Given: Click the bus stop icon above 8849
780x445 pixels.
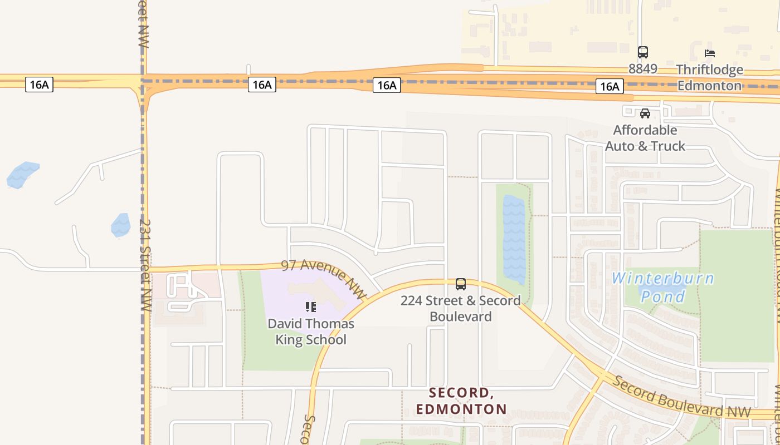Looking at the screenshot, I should click(643, 52).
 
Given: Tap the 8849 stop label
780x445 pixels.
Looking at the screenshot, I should click(643, 69).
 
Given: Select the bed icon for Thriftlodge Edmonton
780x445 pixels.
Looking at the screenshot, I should click(709, 53).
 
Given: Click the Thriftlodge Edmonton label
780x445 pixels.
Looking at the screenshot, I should click(709, 77).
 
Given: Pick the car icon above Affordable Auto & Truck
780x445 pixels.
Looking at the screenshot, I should click(645, 113).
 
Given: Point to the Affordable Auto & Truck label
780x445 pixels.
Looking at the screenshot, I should click(645, 138).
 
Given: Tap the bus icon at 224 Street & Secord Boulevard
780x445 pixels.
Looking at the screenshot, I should click(461, 284).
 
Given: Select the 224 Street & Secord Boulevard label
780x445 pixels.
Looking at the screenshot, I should click(461, 308).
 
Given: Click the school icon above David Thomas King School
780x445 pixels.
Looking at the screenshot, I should click(311, 306).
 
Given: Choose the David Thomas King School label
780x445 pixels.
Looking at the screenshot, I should click(311, 332).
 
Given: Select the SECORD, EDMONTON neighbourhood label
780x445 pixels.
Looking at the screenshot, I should click(461, 401).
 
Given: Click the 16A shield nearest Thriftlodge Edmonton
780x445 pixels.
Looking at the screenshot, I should click(610, 86).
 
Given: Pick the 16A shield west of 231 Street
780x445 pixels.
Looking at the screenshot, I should click(39, 85).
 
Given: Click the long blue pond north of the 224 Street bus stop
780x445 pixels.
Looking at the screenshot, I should click(514, 239).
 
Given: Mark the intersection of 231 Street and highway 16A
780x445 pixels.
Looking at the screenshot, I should click(143, 81).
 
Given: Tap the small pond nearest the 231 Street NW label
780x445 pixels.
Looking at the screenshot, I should click(121, 225).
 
